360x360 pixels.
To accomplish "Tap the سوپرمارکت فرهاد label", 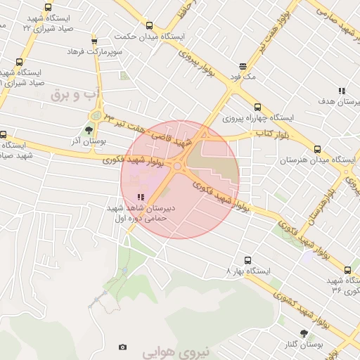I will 95,51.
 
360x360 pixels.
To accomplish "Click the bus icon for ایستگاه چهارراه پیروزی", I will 257,107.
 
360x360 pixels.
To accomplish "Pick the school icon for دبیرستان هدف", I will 341,91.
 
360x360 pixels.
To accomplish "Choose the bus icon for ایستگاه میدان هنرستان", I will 317,149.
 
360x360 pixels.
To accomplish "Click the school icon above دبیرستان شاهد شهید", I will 141,197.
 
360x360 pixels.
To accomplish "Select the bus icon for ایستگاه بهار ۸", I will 247,259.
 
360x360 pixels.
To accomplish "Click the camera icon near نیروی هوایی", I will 123,347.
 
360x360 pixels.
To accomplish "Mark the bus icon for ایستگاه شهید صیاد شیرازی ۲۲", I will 47,8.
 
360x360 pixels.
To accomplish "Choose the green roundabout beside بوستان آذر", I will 94,116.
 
